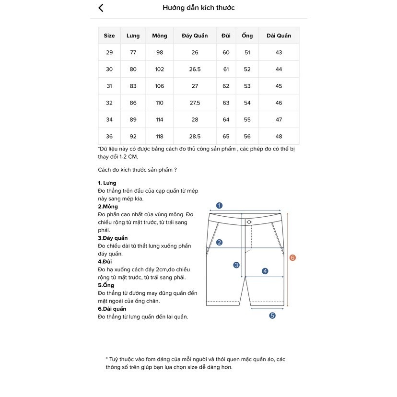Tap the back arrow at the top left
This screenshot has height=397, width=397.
(101, 8)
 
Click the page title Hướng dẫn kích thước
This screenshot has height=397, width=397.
(198, 8)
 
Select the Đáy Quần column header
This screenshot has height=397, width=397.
(195, 35)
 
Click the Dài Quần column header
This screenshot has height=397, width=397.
(279, 35)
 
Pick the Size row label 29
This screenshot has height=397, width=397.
(109, 52)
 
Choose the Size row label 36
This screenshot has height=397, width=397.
(109, 136)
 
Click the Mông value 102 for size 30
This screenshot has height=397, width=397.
(160, 69)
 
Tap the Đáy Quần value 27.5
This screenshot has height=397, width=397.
(195, 103)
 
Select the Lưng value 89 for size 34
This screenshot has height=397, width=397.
(133, 119)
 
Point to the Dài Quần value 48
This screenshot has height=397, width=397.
(279, 136)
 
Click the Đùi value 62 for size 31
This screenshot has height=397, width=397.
(226, 86)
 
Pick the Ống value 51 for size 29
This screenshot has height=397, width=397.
(247, 52)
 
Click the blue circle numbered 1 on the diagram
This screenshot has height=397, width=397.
(219, 206)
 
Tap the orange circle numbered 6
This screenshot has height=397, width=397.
(292, 257)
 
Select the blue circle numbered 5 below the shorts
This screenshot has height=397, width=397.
(272, 315)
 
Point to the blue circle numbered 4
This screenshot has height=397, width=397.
(265, 271)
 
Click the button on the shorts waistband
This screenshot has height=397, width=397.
(249, 222)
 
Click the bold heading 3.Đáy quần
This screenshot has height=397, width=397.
(113, 238)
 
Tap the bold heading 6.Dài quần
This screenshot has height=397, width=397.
(112, 309)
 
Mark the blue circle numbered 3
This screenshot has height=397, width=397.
(236, 265)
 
